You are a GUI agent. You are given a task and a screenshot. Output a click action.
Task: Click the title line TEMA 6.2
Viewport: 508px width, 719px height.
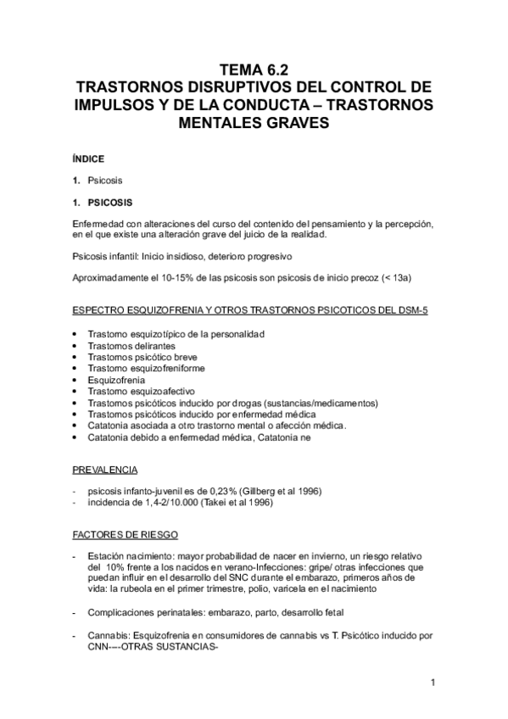(x=254, y=70)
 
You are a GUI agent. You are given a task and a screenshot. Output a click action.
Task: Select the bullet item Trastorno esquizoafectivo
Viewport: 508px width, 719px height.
(x=137, y=392)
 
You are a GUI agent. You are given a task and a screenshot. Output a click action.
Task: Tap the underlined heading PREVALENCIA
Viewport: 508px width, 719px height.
(x=106, y=469)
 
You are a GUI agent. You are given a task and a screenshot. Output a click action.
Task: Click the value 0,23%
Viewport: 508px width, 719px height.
(x=220, y=493)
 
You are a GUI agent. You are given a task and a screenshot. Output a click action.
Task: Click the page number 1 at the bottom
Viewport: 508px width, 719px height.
(x=433, y=681)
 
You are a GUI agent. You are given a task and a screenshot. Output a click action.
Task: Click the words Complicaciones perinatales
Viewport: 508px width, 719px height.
(x=139, y=611)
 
